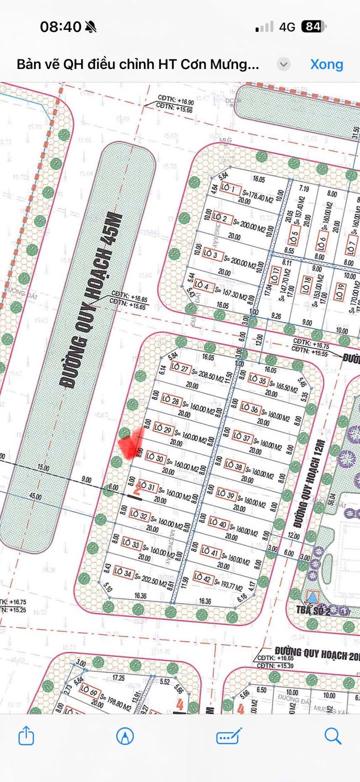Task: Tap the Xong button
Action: [x=326, y=64]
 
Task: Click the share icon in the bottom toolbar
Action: [x=26, y=736]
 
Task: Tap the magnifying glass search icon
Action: [x=332, y=736]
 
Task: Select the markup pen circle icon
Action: [x=125, y=736]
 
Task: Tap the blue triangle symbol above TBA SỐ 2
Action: [x=312, y=597]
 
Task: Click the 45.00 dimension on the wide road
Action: [x=35, y=497]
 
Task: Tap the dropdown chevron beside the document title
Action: [x=283, y=64]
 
